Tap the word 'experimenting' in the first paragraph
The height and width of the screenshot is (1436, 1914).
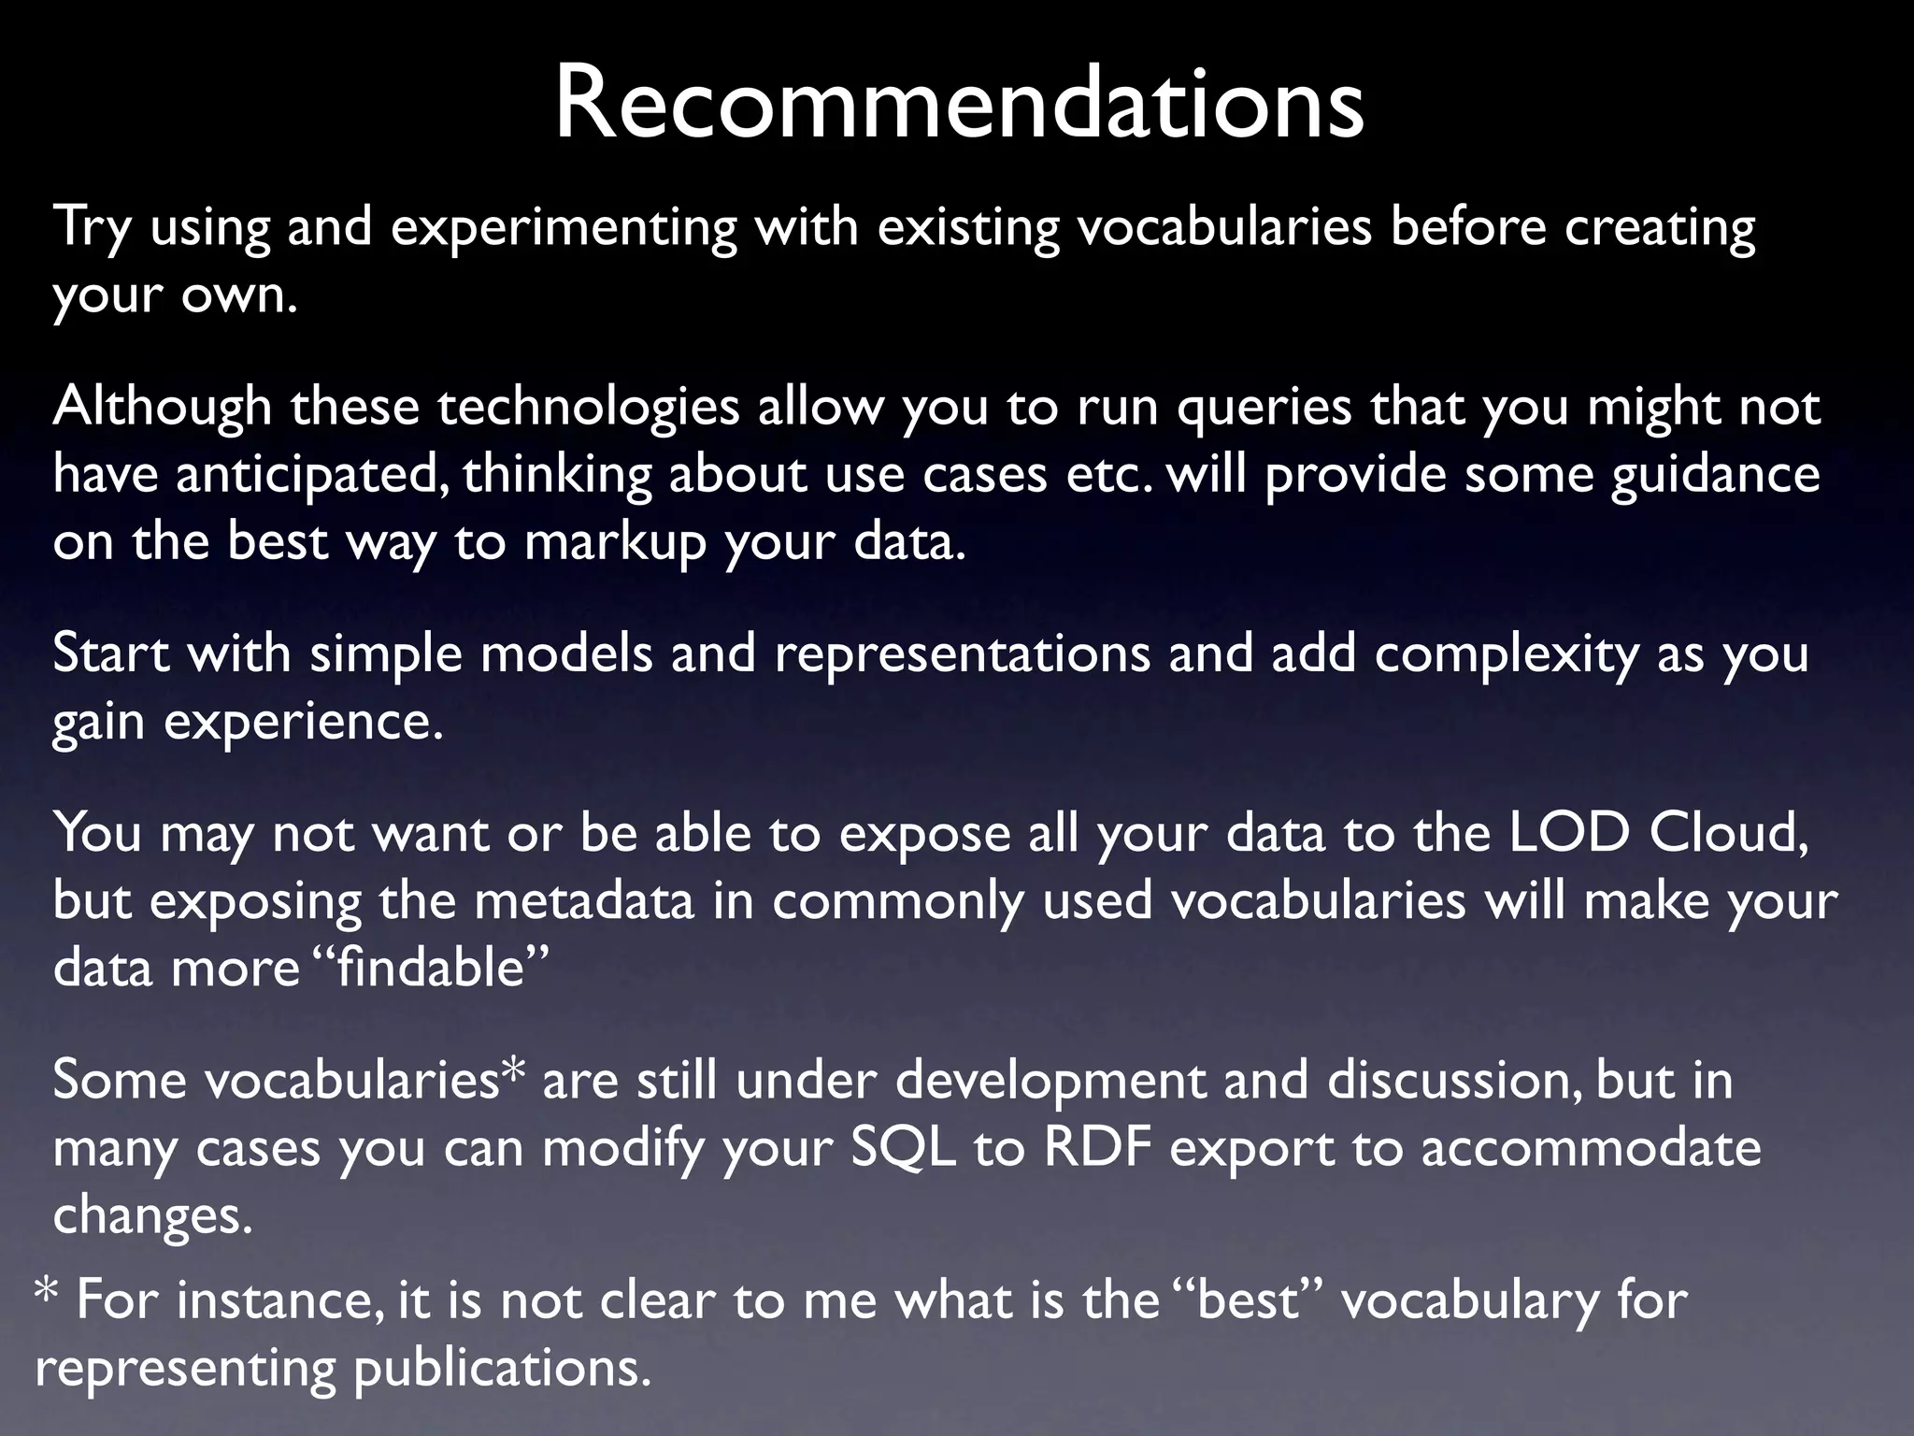pos(564,227)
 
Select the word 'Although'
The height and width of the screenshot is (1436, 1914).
pos(162,408)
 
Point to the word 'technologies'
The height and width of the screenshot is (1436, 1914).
pos(588,408)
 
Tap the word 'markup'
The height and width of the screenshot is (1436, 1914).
pos(614,543)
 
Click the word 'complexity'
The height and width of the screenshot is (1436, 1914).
pos(1506,654)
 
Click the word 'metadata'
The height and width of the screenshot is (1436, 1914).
pos(584,901)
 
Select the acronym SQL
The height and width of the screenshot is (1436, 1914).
pos(903,1148)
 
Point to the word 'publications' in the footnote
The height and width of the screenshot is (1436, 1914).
pos(500,1369)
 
